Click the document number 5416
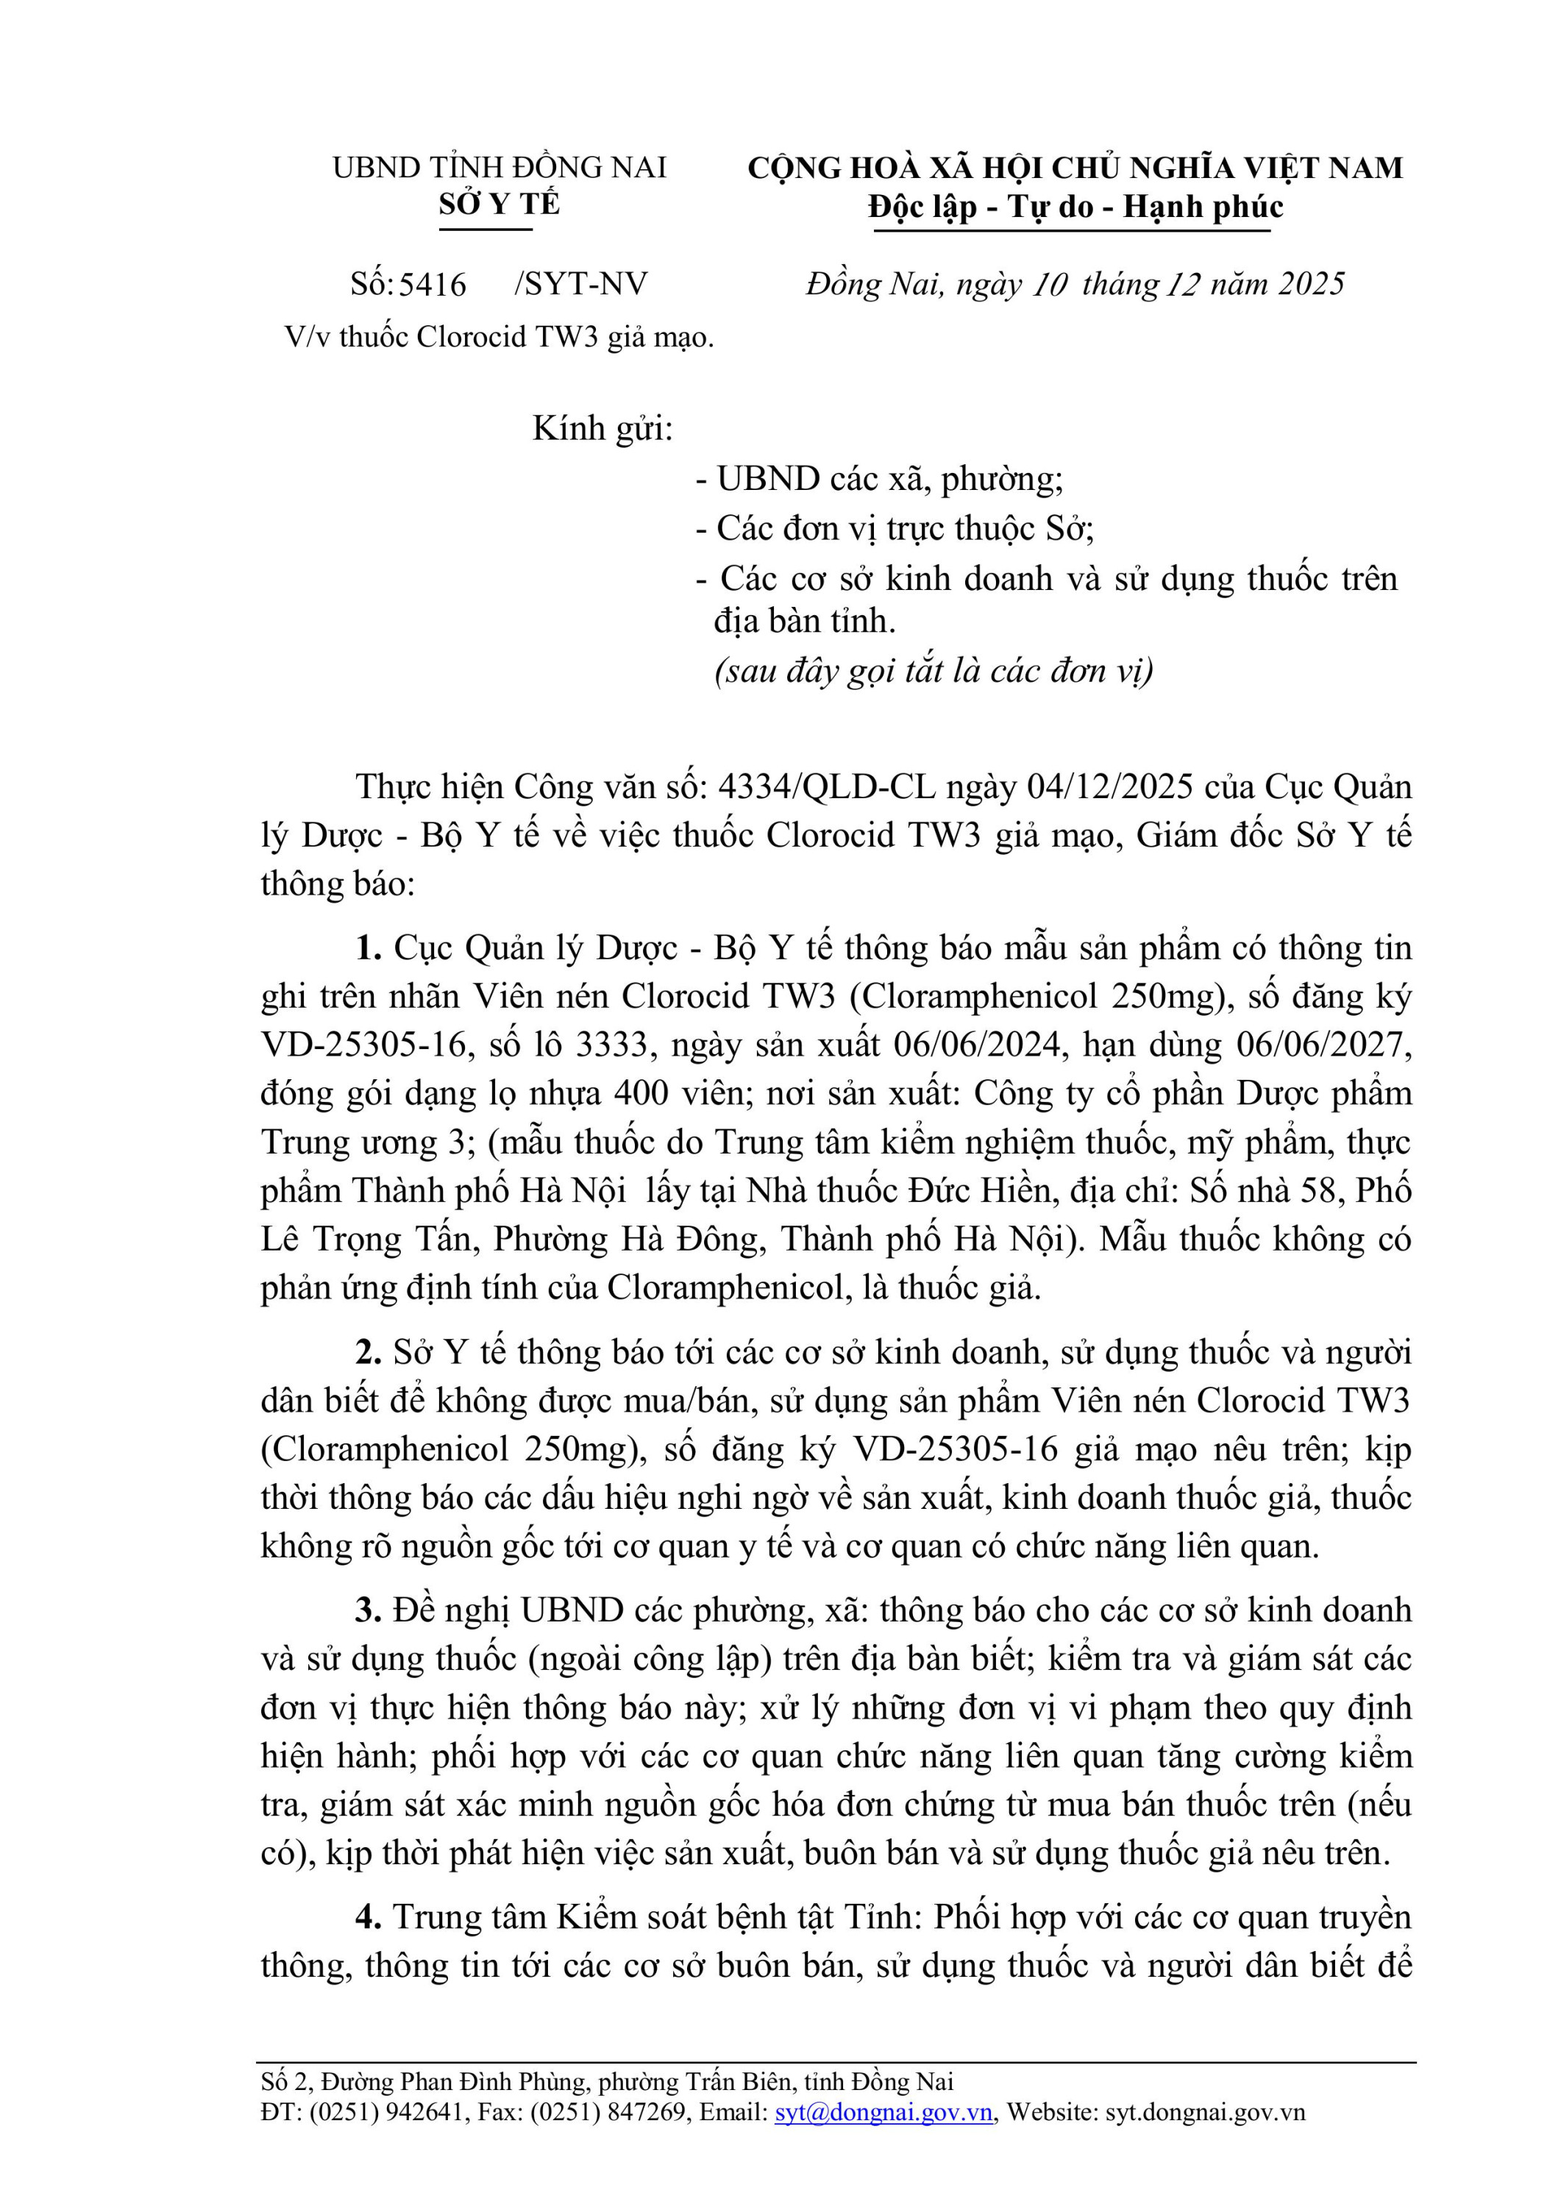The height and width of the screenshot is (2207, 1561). [433, 285]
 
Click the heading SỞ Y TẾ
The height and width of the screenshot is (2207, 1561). [499, 205]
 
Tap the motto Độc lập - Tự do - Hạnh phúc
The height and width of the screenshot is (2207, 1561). [1075, 207]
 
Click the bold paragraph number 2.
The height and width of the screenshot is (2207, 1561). [368, 1352]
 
